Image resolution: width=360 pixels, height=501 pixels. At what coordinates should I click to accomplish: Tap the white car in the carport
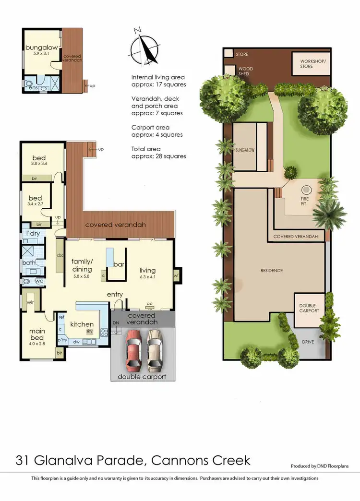click(154, 351)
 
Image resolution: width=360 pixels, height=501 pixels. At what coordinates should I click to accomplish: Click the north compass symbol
click(144, 47)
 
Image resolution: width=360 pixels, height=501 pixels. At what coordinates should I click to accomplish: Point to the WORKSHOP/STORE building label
click(313, 64)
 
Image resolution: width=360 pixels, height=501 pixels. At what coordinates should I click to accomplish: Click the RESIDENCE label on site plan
click(271, 271)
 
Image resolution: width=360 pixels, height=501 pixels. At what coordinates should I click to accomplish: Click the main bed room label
click(36, 334)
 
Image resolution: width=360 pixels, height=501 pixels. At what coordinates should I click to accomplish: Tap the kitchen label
click(82, 324)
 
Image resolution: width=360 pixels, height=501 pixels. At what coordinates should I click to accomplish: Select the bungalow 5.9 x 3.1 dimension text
click(41, 53)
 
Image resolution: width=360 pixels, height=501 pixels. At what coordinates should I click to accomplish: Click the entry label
click(115, 294)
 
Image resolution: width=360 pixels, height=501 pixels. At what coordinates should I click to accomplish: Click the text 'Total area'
click(146, 149)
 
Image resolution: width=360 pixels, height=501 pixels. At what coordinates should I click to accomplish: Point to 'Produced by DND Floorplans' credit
click(320, 466)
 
